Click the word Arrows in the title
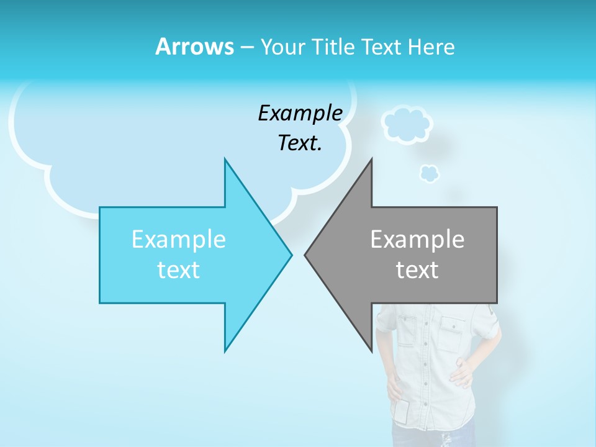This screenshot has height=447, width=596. (x=194, y=47)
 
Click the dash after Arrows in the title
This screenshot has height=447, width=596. (x=246, y=47)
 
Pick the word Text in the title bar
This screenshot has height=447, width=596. (x=382, y=47)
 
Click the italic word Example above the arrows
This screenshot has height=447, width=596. (x=300, y=113)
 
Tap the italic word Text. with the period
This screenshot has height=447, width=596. (x=300, y=143)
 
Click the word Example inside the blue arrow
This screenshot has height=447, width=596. (x=179, y=239)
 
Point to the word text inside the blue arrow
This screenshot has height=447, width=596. (x=178, y=270)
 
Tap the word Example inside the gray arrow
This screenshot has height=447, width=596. (x=417, y=239)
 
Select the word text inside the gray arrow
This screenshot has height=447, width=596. (x=417, y=270)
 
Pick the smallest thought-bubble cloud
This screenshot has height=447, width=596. (x=428, y=173)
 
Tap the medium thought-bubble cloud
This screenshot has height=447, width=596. (x=407, y=124)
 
